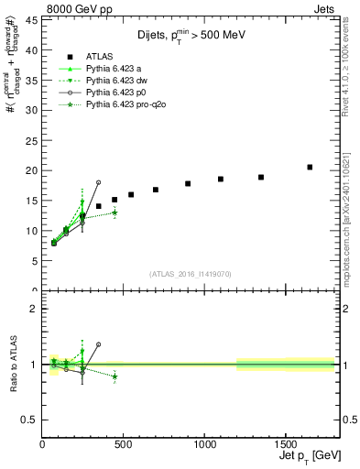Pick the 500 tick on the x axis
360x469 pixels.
click(x=124, y=443)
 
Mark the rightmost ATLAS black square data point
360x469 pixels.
click(x=310, y=167)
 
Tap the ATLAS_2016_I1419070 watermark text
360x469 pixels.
click(x=190, y=274)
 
